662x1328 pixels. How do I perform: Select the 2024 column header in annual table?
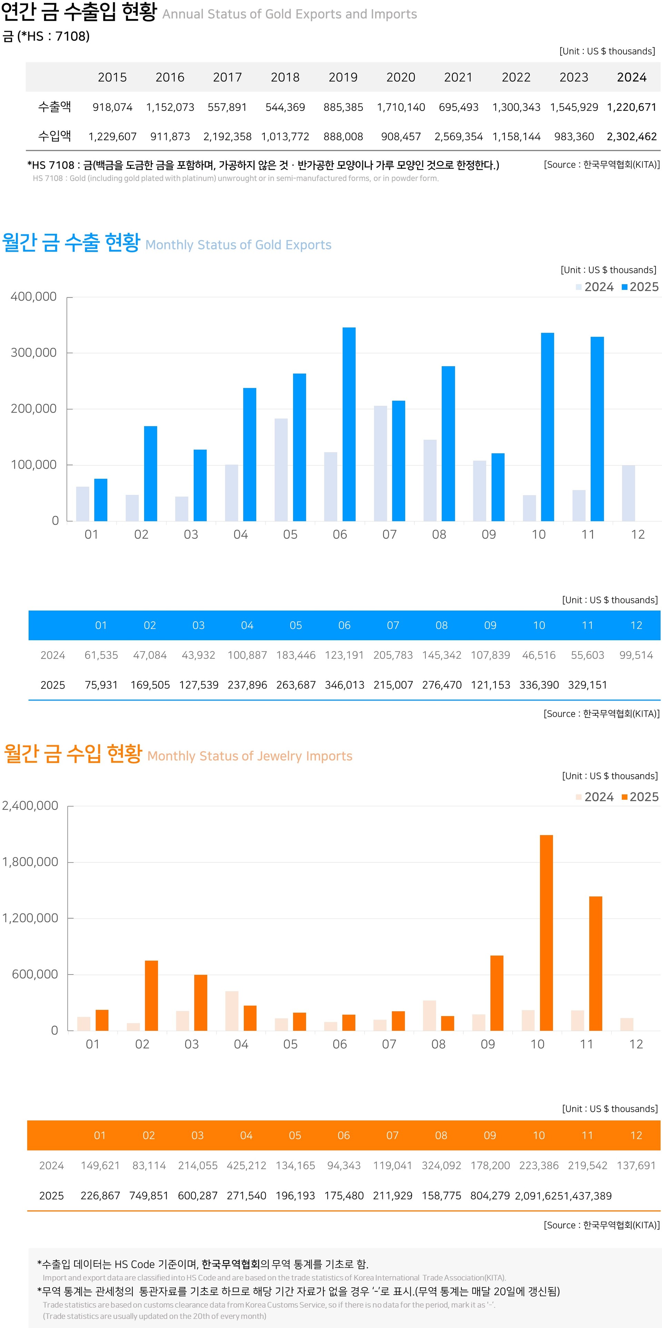[632, 77]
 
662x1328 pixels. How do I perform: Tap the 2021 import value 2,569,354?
[458, 137]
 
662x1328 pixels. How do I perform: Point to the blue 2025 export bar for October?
[548, 427]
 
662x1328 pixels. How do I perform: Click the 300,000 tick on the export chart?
[33, 353]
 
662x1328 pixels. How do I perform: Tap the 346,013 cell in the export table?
[344, 685]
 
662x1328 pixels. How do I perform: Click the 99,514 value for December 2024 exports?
[636, 655]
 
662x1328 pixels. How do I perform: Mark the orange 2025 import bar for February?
[151, 996]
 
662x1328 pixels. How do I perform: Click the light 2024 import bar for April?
[232, 1010]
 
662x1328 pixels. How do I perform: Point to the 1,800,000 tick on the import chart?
[30, 862]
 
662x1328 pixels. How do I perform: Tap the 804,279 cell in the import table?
[490, 1195]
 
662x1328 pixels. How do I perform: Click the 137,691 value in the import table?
[636, 1165]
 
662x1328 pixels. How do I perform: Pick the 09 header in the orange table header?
[490, 1135]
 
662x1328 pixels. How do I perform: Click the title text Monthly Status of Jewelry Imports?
[250, 756]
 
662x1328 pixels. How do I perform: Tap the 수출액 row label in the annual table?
[55, 107]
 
